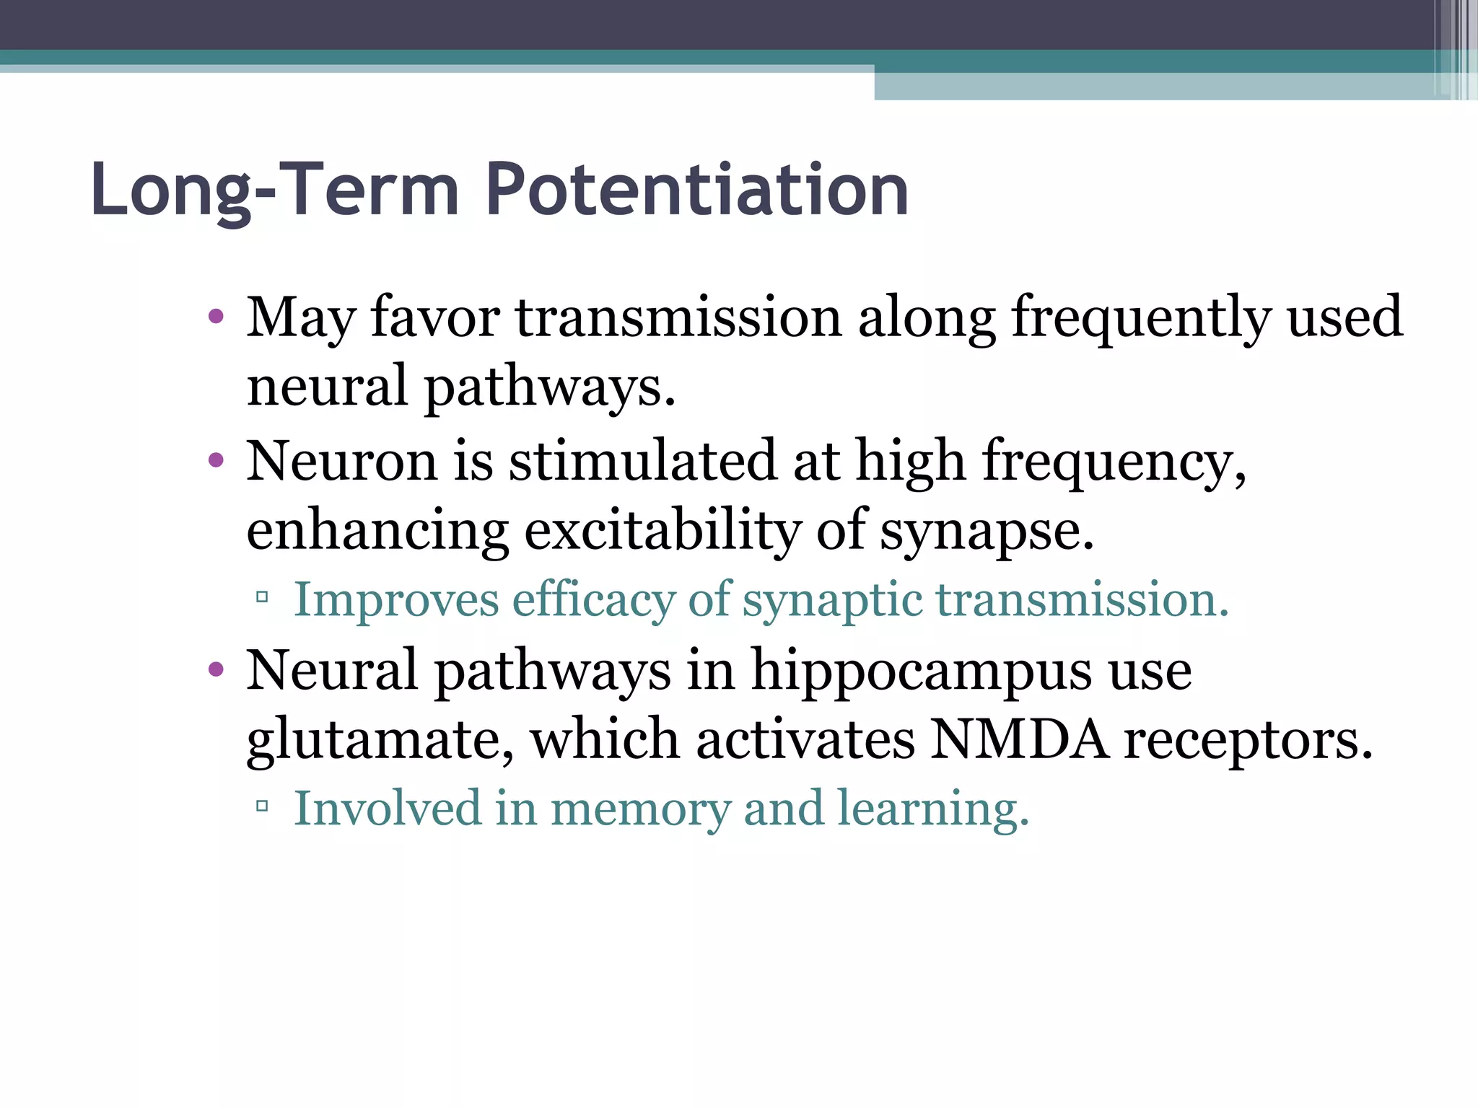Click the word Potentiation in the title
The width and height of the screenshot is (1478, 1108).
pos(696,189)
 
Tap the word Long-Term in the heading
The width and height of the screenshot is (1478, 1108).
pos(275,189)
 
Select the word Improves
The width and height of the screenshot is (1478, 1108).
pos(396,599)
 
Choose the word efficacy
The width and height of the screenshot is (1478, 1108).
pos(592,601)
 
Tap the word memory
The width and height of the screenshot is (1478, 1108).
pos(641,810)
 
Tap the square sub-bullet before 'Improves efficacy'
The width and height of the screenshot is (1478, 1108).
pos(262,597)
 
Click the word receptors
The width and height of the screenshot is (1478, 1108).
pos(1247,741)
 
